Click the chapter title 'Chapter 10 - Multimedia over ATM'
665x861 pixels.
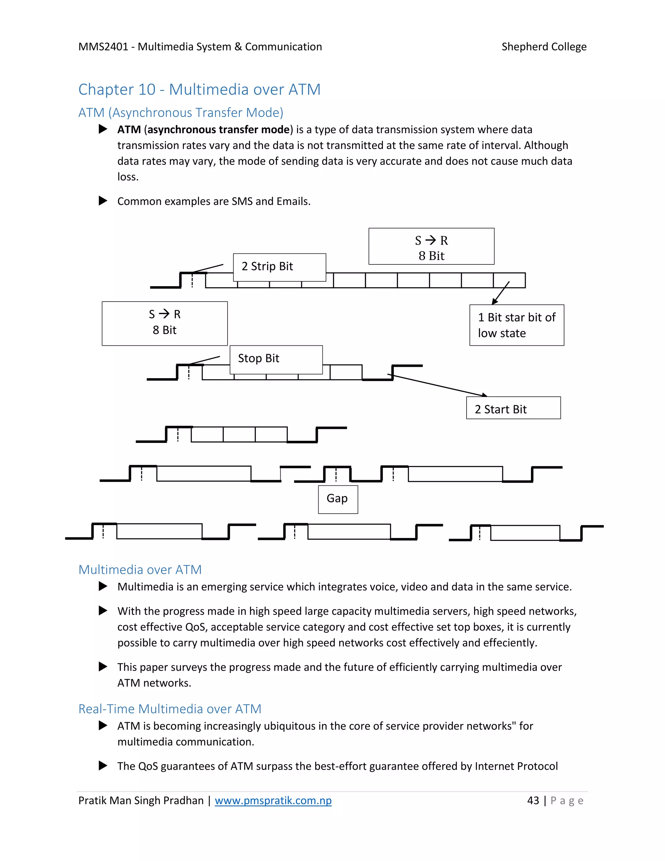tap(199, 89)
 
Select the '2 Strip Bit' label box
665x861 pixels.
tap(279, 267)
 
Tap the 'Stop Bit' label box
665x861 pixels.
tap(276, 359)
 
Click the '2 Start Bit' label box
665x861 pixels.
tap(513, 408)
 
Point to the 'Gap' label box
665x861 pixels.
tap(338, 499)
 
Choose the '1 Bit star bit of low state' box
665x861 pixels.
tap(517, 325)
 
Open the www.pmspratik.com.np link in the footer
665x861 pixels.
tap(273, 801)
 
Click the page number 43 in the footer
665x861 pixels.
tap(533, 801)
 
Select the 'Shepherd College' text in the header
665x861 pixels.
tap(544, 47)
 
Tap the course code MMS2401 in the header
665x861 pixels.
tap(103, 47)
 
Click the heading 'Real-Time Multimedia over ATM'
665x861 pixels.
tap(170, 709)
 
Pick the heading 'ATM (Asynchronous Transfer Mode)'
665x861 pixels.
tap(181, 113)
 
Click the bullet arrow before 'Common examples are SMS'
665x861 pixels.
tap(103, 201)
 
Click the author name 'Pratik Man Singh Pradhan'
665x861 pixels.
tap(141, 801)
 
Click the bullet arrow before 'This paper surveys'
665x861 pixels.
tap(103, 667)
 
